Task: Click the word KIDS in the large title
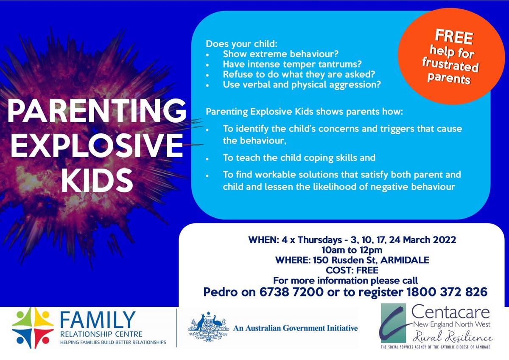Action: point(97,180)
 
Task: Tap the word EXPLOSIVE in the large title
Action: point(97,145)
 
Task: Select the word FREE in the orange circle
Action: point(454,37)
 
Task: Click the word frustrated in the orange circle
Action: point(450,64)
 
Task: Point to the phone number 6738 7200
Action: point(291,292)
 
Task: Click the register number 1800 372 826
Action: point(447,292)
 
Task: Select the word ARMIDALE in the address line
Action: point(405,260)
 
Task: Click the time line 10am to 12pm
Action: point(352,250)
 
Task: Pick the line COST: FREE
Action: point(352,270)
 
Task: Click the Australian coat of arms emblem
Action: point(208,327)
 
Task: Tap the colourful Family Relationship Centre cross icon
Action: point(33,328)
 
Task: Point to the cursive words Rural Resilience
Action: point(453,337)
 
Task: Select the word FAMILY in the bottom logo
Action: point(98,320)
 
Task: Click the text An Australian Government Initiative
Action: point(295,328)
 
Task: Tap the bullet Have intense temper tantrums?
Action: point(292,64)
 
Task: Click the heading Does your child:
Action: point(241,44)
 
